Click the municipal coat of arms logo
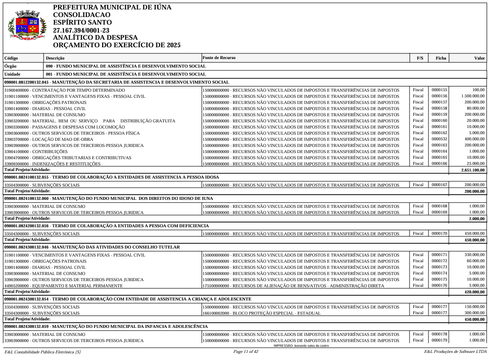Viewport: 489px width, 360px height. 27,26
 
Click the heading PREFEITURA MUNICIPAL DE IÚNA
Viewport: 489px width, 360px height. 112,8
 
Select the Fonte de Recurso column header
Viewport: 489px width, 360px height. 219,58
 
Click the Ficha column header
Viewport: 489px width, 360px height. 440,58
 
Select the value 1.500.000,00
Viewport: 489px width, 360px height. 472,96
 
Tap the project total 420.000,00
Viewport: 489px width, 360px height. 474,291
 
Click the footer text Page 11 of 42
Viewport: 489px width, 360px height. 246,352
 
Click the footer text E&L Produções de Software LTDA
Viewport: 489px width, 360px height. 455,352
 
